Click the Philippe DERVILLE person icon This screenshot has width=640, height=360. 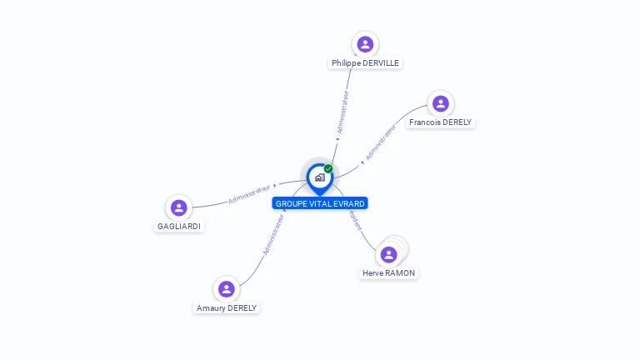tap(364, 44)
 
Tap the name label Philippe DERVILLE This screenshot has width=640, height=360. tap(366, 63)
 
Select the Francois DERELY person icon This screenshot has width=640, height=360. tap(441, 103)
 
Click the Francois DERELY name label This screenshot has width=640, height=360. tap(440, 122)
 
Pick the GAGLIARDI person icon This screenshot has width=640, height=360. tap(178, 207)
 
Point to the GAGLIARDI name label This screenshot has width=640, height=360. tap(179, 227)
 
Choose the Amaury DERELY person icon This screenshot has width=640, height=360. tap(226, 289)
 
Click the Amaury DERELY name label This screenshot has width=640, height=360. tap(227, 308)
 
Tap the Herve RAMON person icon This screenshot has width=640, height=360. tap(388, 254)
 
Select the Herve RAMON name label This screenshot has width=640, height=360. tap(388, 273)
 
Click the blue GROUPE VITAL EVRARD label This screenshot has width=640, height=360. tap(320, 203)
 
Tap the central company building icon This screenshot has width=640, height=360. tap(319, 177)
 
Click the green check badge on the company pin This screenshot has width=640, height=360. tap(328, 168)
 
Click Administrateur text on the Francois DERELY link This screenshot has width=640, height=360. tap(380, 142)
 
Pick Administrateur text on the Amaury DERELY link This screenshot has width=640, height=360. tap(273, 234)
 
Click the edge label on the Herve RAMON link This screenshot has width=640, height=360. tap(356, 220)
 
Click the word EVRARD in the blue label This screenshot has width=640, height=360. tap(348, 203)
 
